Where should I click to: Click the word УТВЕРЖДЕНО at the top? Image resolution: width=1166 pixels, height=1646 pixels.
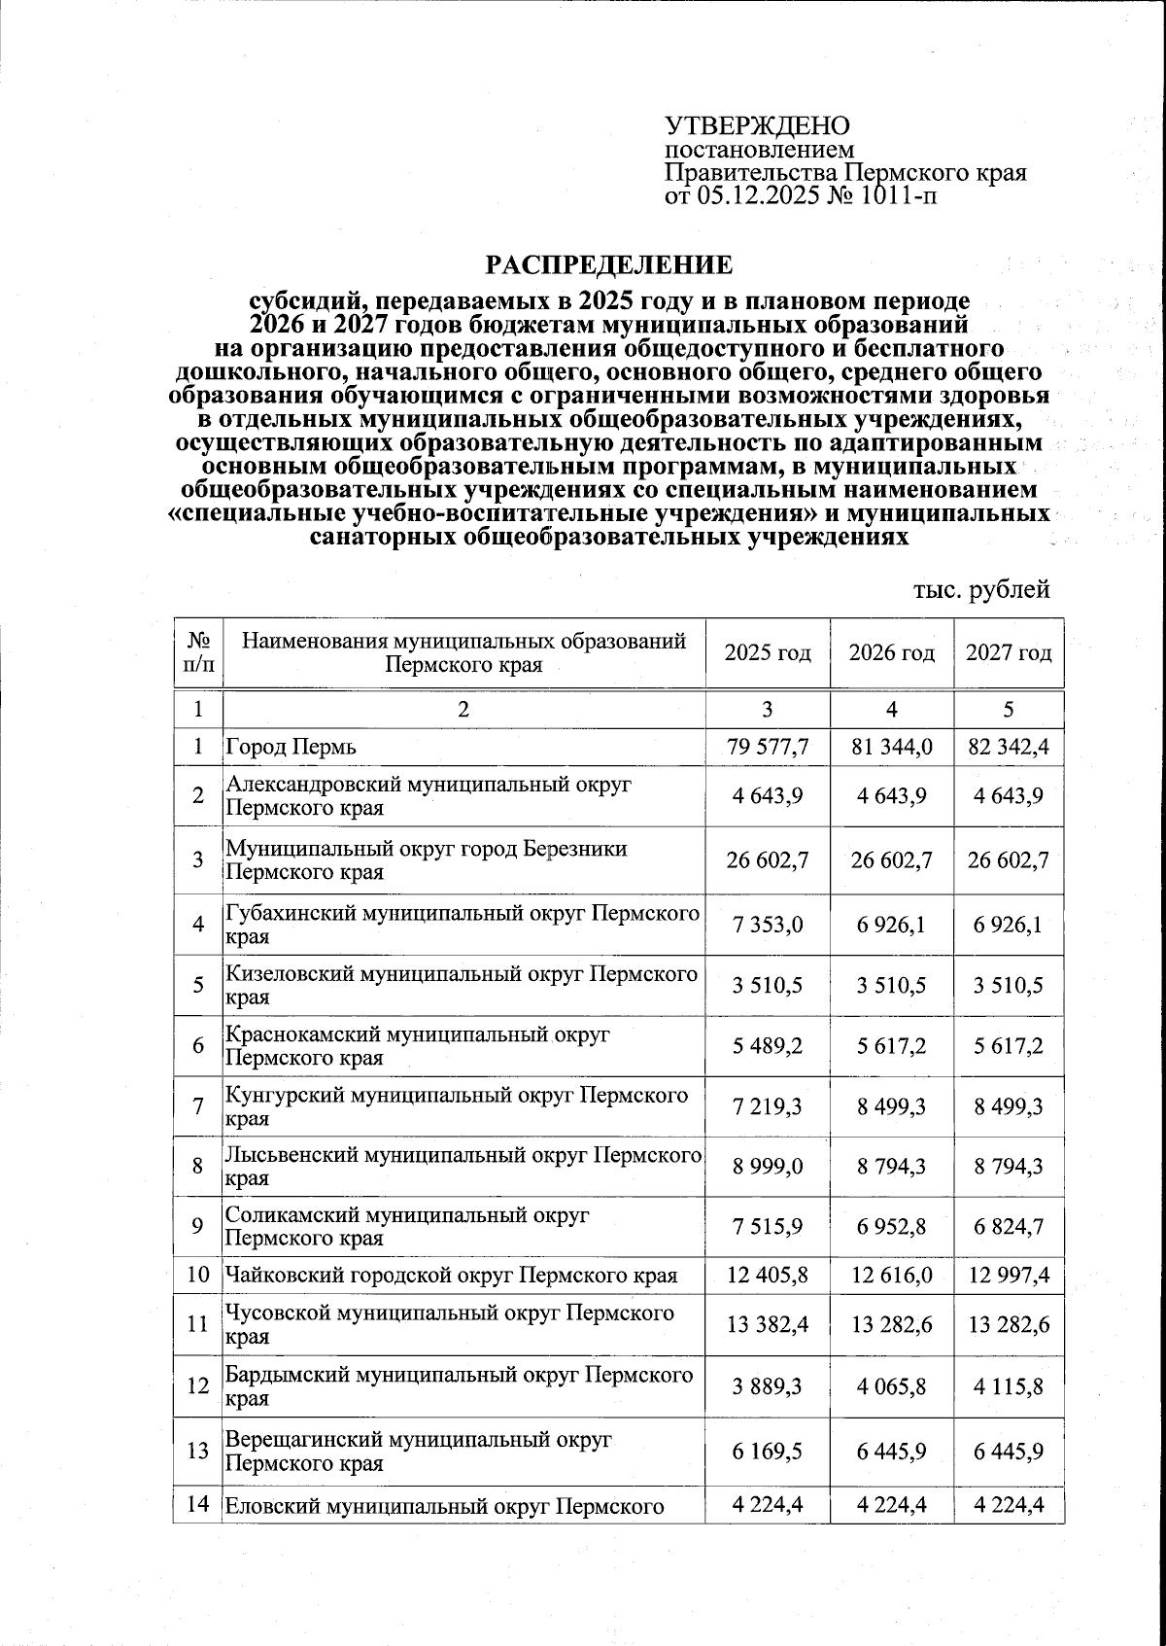(x=757, y=126)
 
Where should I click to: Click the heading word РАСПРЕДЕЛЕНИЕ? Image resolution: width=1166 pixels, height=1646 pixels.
(x=609, y=264)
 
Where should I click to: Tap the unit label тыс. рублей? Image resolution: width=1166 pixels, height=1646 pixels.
(x=981, y=589)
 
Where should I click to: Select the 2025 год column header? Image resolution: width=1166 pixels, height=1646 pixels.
(x=767, y=653)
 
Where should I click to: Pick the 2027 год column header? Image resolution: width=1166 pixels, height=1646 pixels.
(x=1008, y=653)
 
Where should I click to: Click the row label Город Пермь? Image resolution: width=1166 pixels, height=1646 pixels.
(x=291, y=748)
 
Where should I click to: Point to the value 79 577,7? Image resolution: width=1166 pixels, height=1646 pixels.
(x=767, y=748)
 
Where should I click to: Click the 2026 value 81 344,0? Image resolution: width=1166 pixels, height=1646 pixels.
(x=891, y=748)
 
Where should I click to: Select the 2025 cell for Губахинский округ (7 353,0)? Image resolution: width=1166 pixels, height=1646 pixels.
(x=767, y=925)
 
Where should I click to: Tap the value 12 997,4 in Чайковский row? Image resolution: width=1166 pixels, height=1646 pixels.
(x=1008, y=1275)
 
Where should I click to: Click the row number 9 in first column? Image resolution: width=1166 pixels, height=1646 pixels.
(x=197, y=1226)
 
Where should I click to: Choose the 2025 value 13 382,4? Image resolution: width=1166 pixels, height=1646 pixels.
(x=767, y=1324)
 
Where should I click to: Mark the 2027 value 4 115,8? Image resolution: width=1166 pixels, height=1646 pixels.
(x=1008, y=1386)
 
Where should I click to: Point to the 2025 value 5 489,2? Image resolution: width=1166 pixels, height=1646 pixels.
(x=767, y=1046)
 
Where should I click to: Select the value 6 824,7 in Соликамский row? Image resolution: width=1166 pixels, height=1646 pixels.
(x=1008, y=1226)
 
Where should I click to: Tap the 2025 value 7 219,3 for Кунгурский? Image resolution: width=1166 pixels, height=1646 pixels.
(x=767, y=1106)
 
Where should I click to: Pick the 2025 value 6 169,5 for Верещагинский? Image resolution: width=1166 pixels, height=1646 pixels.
(x=767, y=1451)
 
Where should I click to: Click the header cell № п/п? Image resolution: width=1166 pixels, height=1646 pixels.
(x=198, y=653)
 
